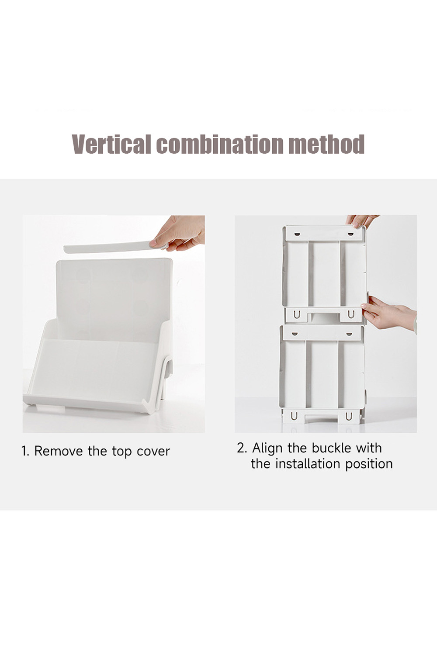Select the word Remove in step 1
click(59, 451)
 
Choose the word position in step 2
click(369, 465)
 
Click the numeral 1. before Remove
click(25, 451)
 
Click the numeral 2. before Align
click(242, 448)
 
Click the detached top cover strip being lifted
click(111, 247)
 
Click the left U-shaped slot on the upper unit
click(297, 315)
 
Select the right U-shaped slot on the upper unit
click(351, 314)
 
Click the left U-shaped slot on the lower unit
click(294, 417)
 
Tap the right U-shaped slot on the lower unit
click(348, 417)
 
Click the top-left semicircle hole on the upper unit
click(298, 234)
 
